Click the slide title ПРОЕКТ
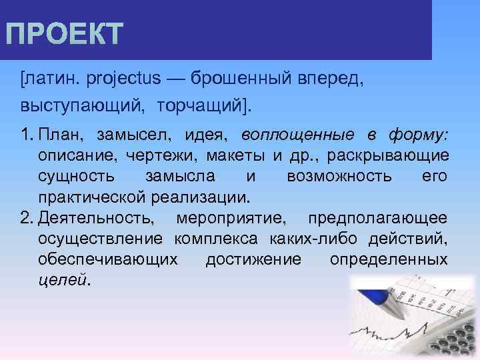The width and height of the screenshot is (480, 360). coord(64,34)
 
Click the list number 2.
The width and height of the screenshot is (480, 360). coord(26,218)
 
